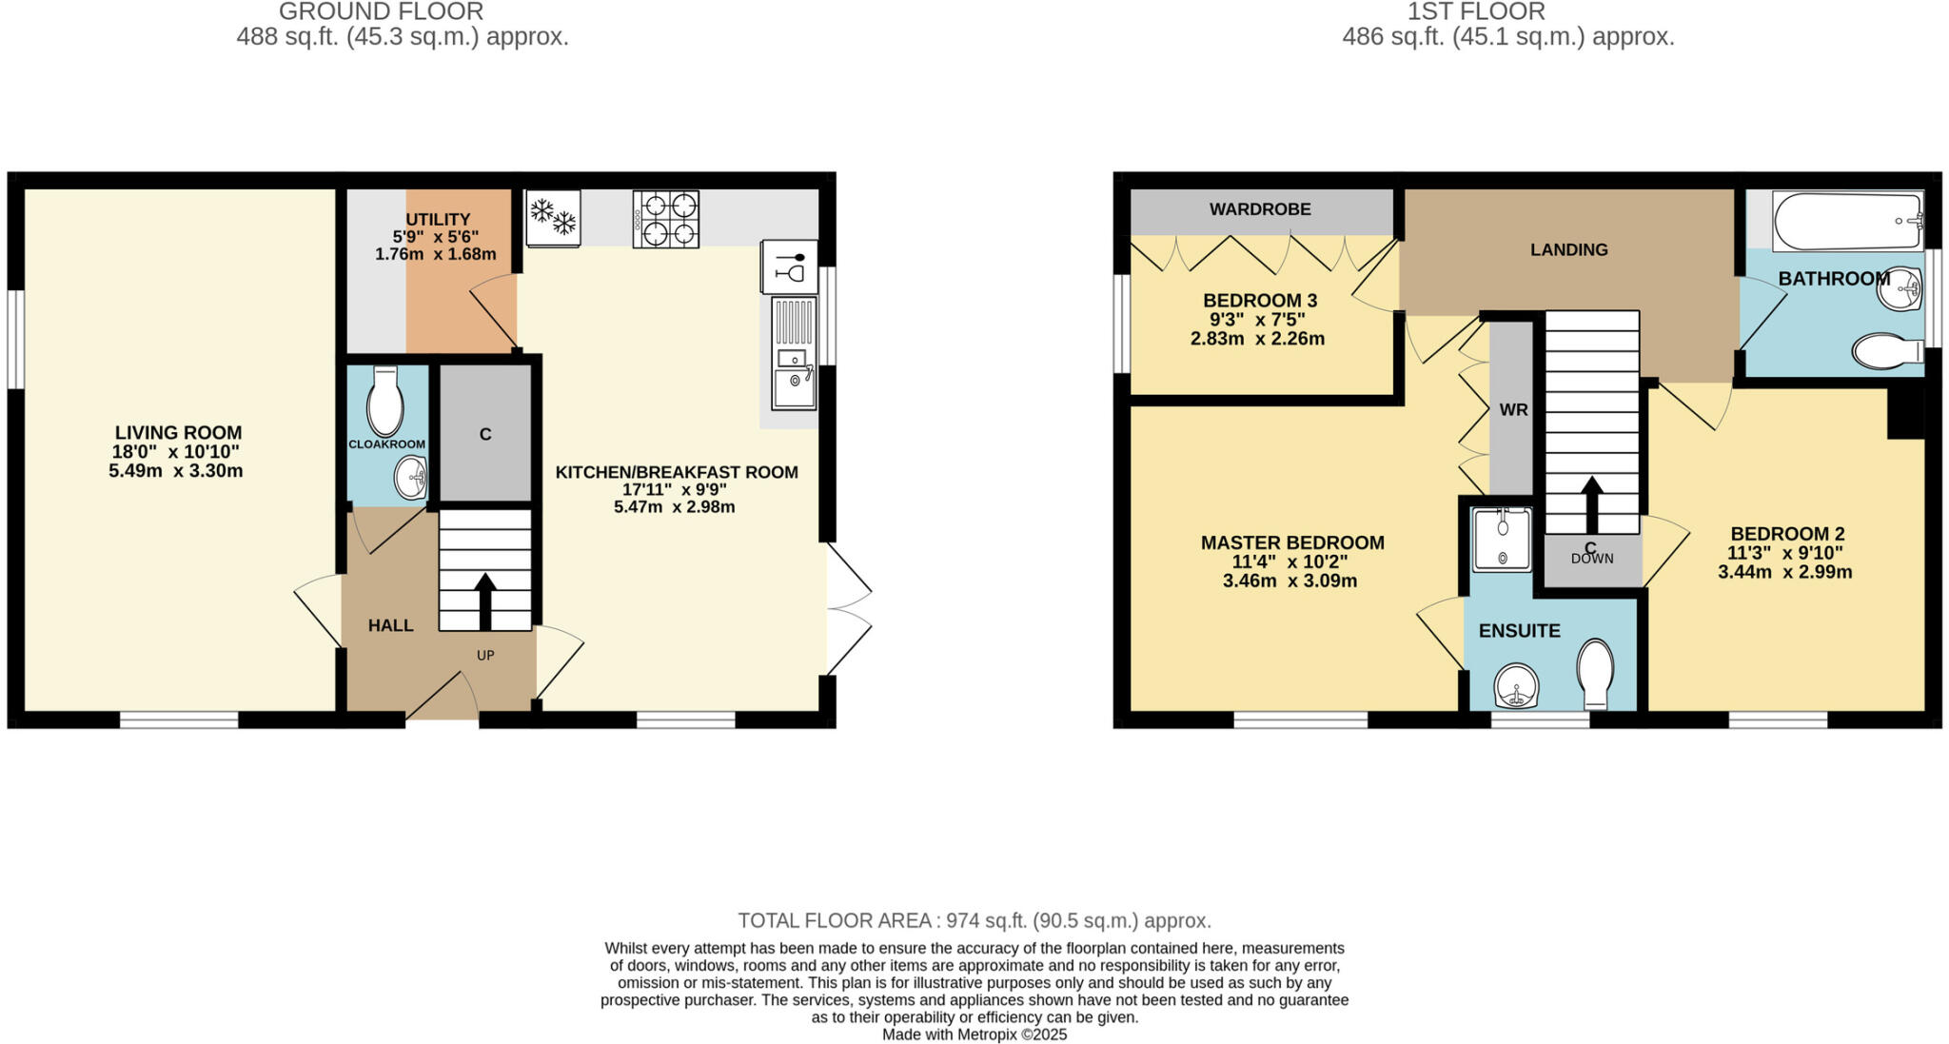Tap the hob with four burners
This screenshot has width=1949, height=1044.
point(666,220)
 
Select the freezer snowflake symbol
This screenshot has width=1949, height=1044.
point(553,218)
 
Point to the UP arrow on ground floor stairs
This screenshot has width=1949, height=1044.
point(485,600)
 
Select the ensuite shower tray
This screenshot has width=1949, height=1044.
point(1502,539)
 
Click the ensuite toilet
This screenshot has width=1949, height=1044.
point(1596,672)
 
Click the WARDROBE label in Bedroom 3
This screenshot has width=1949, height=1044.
point(1260,209)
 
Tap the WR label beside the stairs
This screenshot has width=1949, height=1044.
point(1513,410)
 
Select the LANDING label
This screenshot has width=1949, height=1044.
point(1568,250)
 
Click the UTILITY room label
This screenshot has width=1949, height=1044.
point(438,220)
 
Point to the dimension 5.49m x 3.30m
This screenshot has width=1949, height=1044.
point(176,471)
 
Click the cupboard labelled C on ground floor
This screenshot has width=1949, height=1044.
point(485,434)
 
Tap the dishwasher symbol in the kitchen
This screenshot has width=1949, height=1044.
point(789,266)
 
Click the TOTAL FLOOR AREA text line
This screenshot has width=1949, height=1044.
point(974,920)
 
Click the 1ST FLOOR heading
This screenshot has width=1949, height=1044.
point(1508,12)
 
